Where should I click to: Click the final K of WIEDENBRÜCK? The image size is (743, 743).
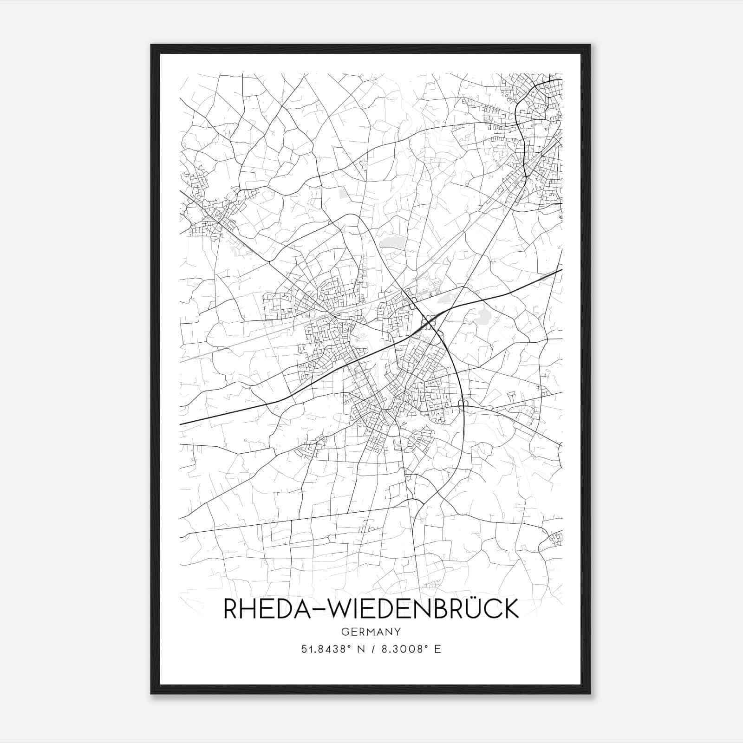(x=510, y=609)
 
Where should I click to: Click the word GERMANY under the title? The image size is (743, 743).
(x=371, y=632)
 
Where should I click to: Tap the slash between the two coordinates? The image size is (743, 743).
(x=371, y=649)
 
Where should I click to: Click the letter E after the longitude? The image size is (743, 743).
(x=437, y=649)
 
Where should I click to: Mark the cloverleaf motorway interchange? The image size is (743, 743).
(x=428, y=322)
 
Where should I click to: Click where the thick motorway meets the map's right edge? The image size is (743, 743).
(x=562, y=270)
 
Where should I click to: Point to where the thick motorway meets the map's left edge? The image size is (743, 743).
(x=180, y=424)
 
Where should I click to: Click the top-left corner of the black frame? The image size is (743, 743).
(x=151, y=45)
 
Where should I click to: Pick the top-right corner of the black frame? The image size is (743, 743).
(x=590, y=45)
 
